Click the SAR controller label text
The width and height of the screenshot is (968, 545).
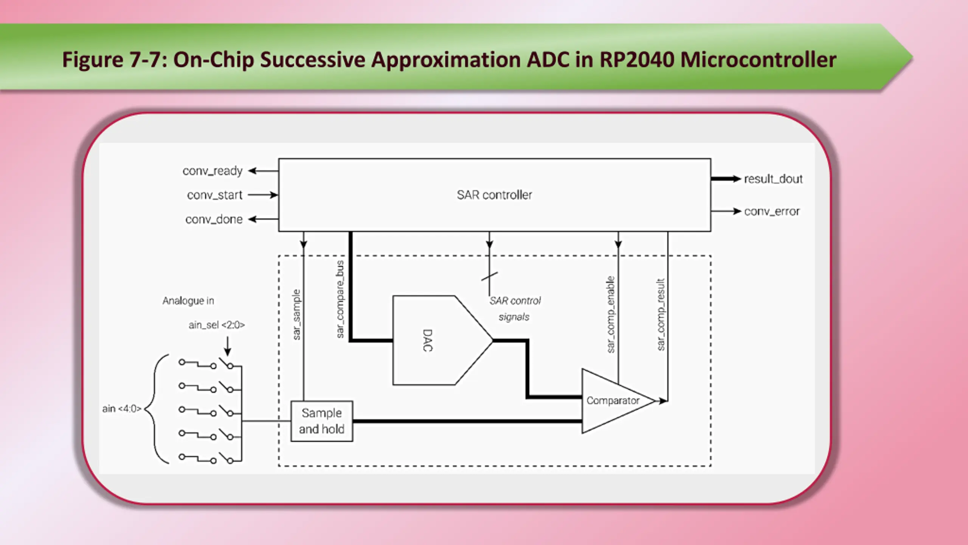494,195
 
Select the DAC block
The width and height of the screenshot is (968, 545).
442,340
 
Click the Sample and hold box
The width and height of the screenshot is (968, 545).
322,421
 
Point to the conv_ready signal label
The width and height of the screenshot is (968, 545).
213,171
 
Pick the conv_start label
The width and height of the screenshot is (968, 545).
214,195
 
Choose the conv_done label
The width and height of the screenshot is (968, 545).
214,220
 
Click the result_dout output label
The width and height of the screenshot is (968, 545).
773,179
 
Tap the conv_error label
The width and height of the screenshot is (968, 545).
772,211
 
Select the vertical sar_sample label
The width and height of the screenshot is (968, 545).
296,315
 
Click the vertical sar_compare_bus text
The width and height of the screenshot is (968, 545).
340,299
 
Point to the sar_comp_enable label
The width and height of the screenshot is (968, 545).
611,315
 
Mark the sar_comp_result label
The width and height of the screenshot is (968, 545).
661,315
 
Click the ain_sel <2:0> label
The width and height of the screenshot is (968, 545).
217,325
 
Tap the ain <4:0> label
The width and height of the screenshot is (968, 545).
122,409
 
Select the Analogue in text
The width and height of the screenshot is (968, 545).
188,301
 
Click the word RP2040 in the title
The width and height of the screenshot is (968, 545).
637,60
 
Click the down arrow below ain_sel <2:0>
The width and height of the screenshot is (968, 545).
227,346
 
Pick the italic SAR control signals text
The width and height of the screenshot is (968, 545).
515,309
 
